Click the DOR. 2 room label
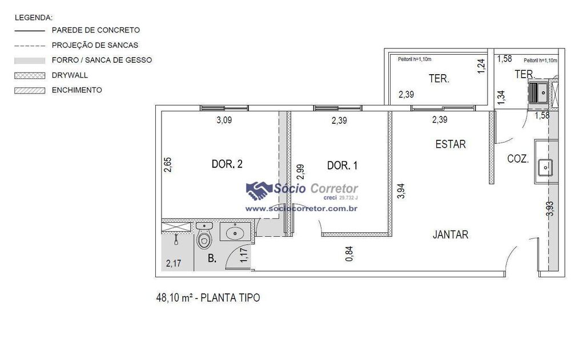[x=227, y=164]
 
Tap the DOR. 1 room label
[x=342, y=165]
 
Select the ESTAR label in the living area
[x=451, y=144]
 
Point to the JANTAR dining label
[x=451, y=234]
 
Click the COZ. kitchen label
[x=518, y=159]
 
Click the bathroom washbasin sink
[x=235, y=232]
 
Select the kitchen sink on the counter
[x=545, y=167]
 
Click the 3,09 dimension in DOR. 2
[x=224, y=120]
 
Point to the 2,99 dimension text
[x=300, y=172]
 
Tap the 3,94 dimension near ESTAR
[x=401, y=191]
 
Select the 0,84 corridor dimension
[x=349, y=254]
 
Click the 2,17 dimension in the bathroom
[x=174, y=263]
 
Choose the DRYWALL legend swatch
[x=30, y=76]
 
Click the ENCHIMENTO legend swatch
[x=30, y=91]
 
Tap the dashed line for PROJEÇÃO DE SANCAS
[x=30, y=46]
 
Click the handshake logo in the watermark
[x=259, y=191]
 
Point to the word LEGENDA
[x=34, y=18]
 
